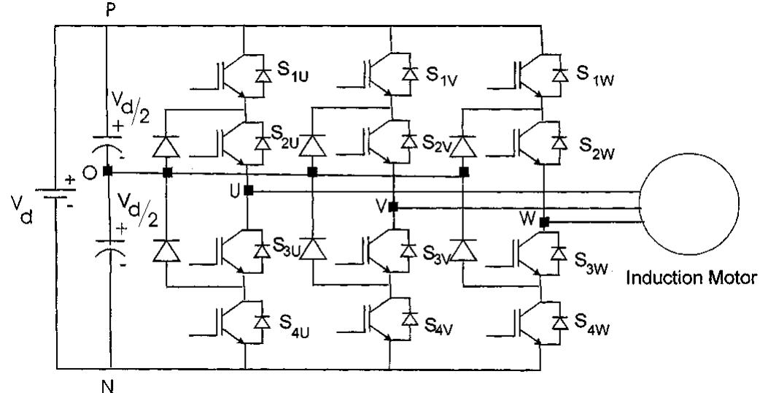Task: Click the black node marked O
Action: pyautogui.click(x=107, y=172)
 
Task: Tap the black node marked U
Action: pyautogui.click(x=249, y=190)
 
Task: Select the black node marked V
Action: pyautogui.click(x=393, y=207)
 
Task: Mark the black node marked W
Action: pyautogui.click(x=544, y=221)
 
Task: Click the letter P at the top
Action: pyautogui.click(x=108, y=8)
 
